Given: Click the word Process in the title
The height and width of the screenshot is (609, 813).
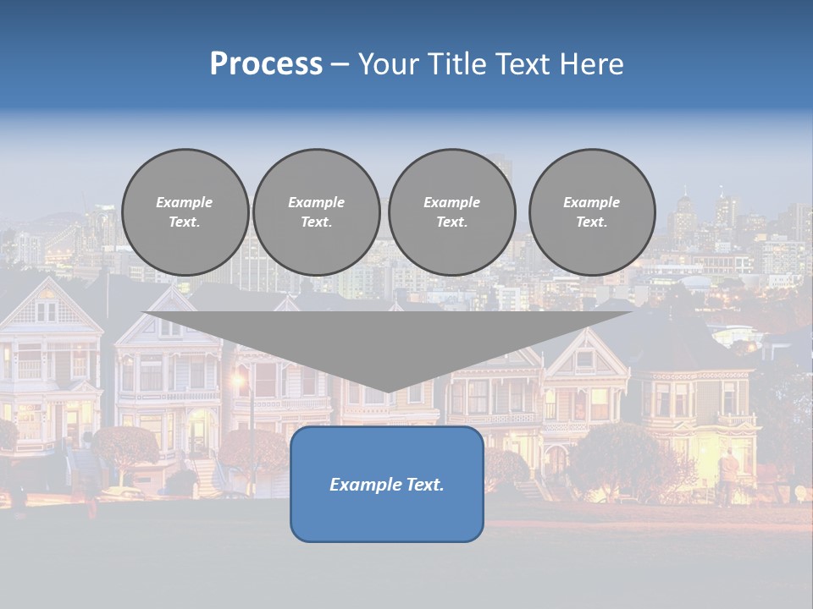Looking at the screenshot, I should point(266,64).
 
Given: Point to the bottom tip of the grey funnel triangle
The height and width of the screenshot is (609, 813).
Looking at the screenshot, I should point(387,392).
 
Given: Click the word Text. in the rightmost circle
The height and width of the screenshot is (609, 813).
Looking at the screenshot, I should point(591,222).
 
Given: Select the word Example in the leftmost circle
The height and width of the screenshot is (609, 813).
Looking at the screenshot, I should point(184,202).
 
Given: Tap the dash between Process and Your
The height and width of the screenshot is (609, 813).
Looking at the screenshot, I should point(339,64).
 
